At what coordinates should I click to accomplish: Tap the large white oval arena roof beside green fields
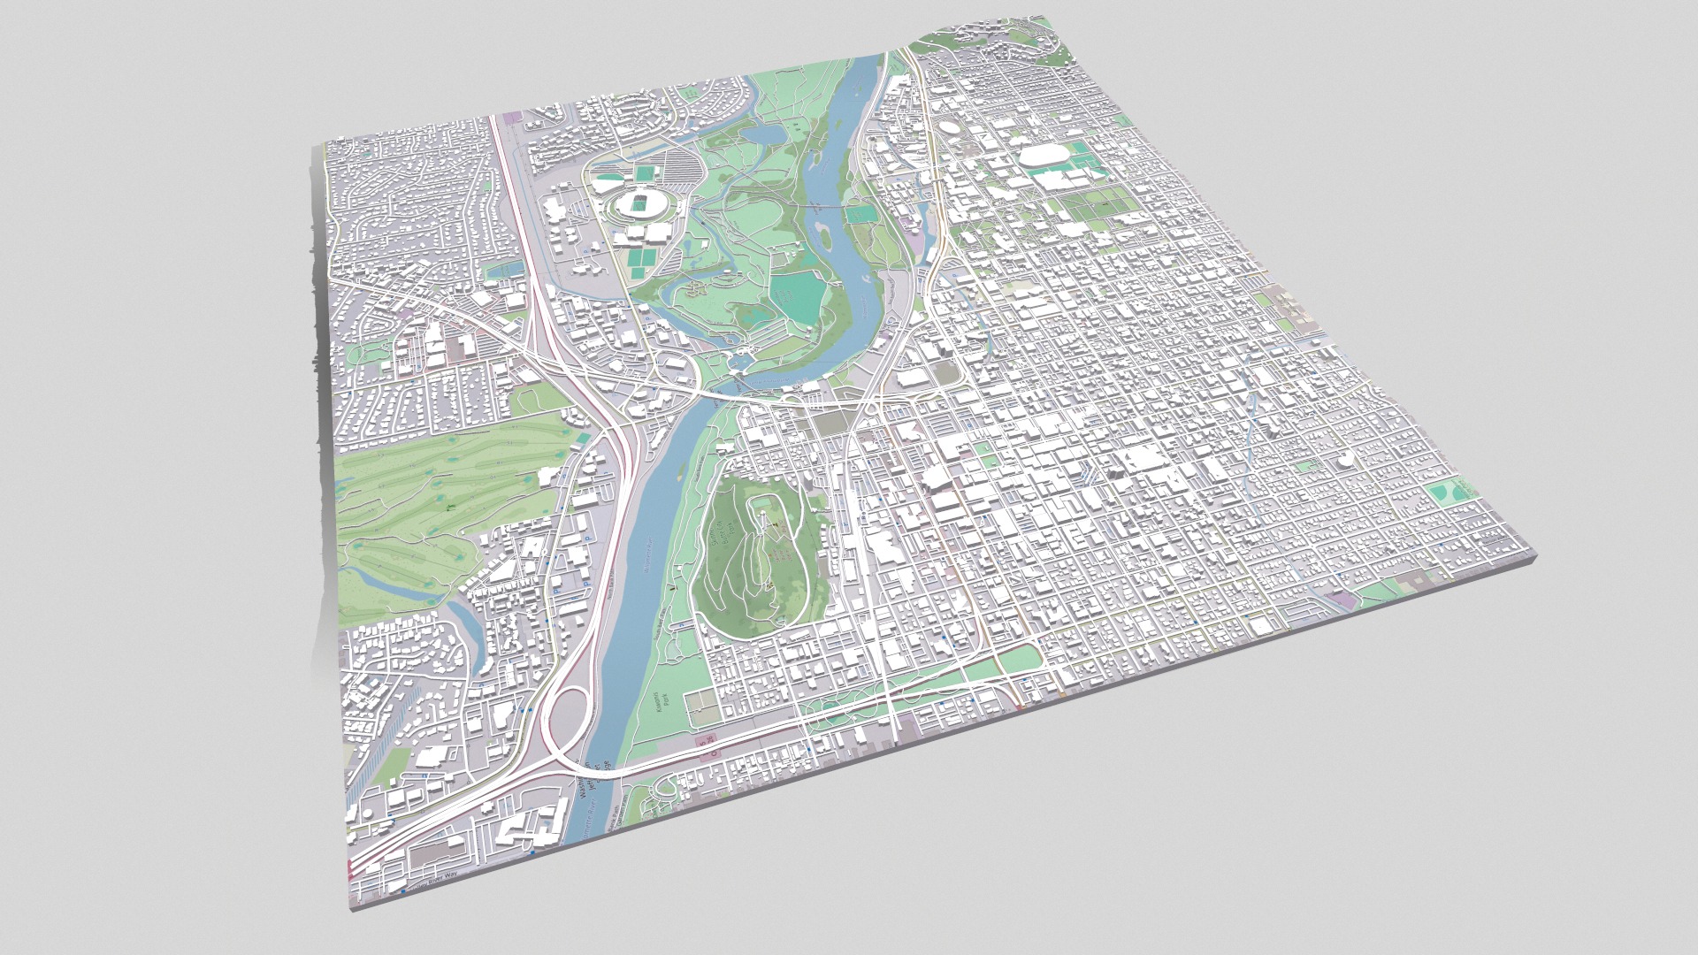tap(1044, 160)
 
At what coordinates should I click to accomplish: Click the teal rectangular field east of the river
tap(857, 213)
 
